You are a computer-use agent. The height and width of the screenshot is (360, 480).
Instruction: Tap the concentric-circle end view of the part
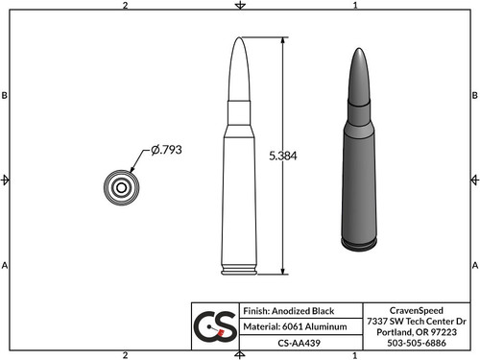[x=121, y=187]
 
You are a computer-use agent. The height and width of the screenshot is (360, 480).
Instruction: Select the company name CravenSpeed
[x=417, y=309]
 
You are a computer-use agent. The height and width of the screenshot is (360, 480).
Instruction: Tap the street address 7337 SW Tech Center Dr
[x=417, y=320]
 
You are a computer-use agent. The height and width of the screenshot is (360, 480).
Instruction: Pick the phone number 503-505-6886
[x=417, y=342]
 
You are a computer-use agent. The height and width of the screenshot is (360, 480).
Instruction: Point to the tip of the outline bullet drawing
[x=240, y=39]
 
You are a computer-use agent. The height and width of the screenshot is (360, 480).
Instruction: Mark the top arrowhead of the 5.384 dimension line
[x=284, y=41]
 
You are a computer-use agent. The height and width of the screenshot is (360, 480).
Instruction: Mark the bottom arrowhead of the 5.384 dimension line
[x=284, y=272]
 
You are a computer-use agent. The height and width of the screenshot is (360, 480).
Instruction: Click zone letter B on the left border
[x=6, y=96]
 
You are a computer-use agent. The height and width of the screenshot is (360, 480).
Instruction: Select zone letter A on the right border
[x=474, y=264]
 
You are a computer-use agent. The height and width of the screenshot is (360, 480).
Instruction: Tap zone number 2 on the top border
[x=126, y=6]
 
